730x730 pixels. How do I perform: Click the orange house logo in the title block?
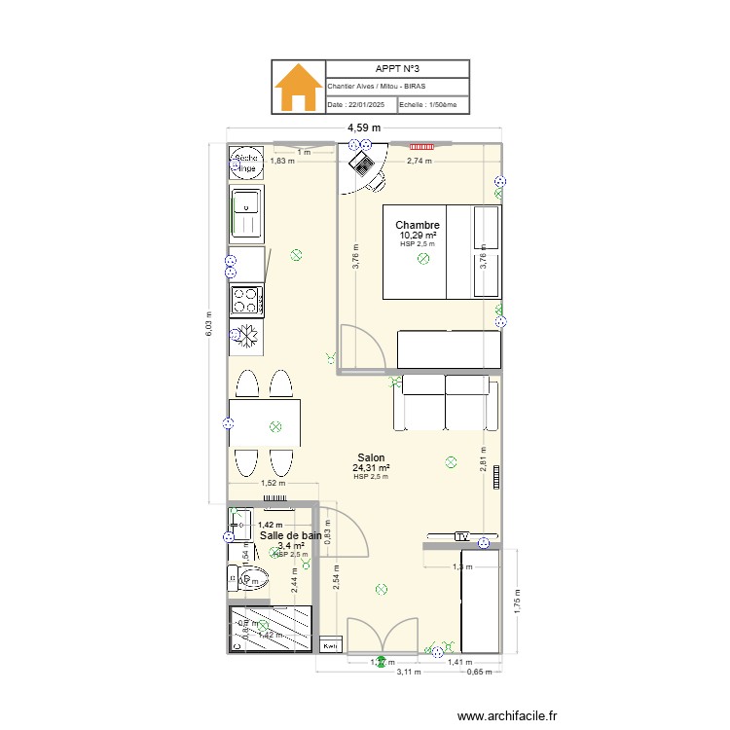[298, 88]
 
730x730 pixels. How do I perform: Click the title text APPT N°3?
[398, 69]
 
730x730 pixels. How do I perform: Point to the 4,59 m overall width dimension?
[364, 128]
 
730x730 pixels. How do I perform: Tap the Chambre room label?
[418, 225]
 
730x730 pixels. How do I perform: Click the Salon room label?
[371, 457]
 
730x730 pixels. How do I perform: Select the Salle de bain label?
[291, 535]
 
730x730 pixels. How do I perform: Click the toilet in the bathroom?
[247, 578]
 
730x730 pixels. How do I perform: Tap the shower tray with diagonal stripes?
[270, 629]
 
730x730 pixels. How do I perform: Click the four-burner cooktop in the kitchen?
[247, 299]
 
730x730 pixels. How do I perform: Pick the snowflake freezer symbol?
[247, 335]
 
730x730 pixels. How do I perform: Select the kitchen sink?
[246, 212]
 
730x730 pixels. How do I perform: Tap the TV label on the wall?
[461, 536]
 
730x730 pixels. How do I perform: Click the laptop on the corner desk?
[361, 161]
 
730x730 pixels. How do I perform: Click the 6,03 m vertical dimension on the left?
[207, 324]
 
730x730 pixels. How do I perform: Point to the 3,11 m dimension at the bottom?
[412, 672]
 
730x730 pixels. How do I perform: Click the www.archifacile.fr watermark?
[508, 716]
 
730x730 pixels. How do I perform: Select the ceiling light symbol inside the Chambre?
[422, 260]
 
